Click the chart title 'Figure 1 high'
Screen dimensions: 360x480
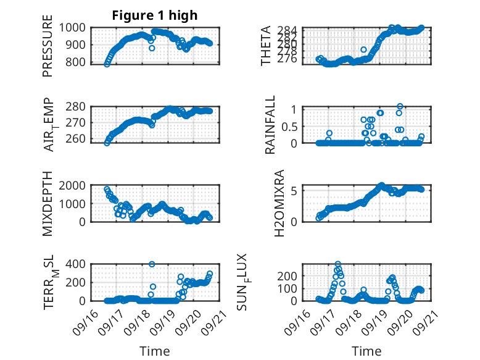pos(154,15)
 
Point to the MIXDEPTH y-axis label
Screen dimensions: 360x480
pos(48,203)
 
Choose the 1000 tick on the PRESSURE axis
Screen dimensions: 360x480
pos(76,27)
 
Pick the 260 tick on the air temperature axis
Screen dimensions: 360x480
pos(79,138)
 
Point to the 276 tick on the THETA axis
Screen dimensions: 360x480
pos(291,59)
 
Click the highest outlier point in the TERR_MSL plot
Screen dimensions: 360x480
pos(152,264)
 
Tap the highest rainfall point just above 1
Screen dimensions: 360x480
pos(400,107)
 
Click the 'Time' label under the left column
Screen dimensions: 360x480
pos(154,351)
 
